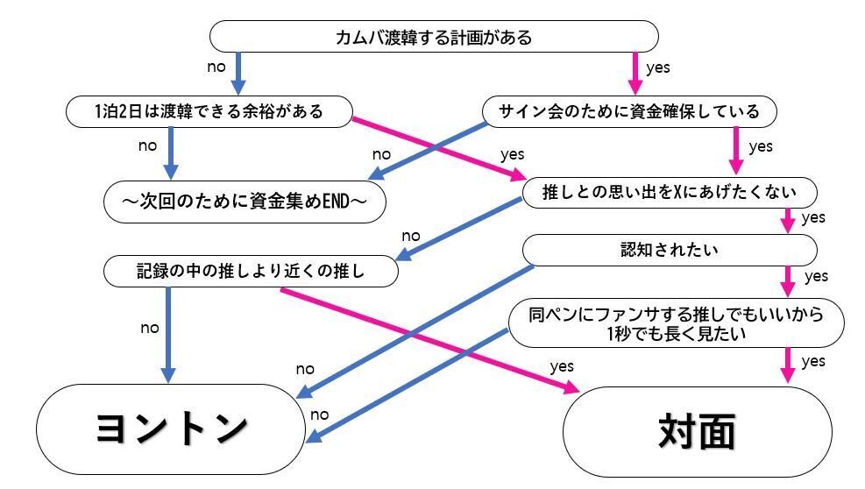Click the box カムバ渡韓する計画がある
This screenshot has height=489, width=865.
(x=434, y=37)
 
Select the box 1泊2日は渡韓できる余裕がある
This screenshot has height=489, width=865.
(x=209, y=111)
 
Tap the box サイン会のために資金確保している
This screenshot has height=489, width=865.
(x=630, y=111)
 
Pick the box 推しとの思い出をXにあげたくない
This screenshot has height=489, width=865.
(x=670, y=192)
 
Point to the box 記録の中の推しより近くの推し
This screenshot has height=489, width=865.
(x=251, y=272)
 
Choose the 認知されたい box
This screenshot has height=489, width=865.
(x=670, y=251)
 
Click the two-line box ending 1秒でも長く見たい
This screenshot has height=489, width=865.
(x=676, y=322)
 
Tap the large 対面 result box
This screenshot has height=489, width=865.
(x=697, y=430)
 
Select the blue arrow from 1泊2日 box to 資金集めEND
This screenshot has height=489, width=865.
(x=169, y=152)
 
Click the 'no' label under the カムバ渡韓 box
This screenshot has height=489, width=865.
(x=216, y=67)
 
